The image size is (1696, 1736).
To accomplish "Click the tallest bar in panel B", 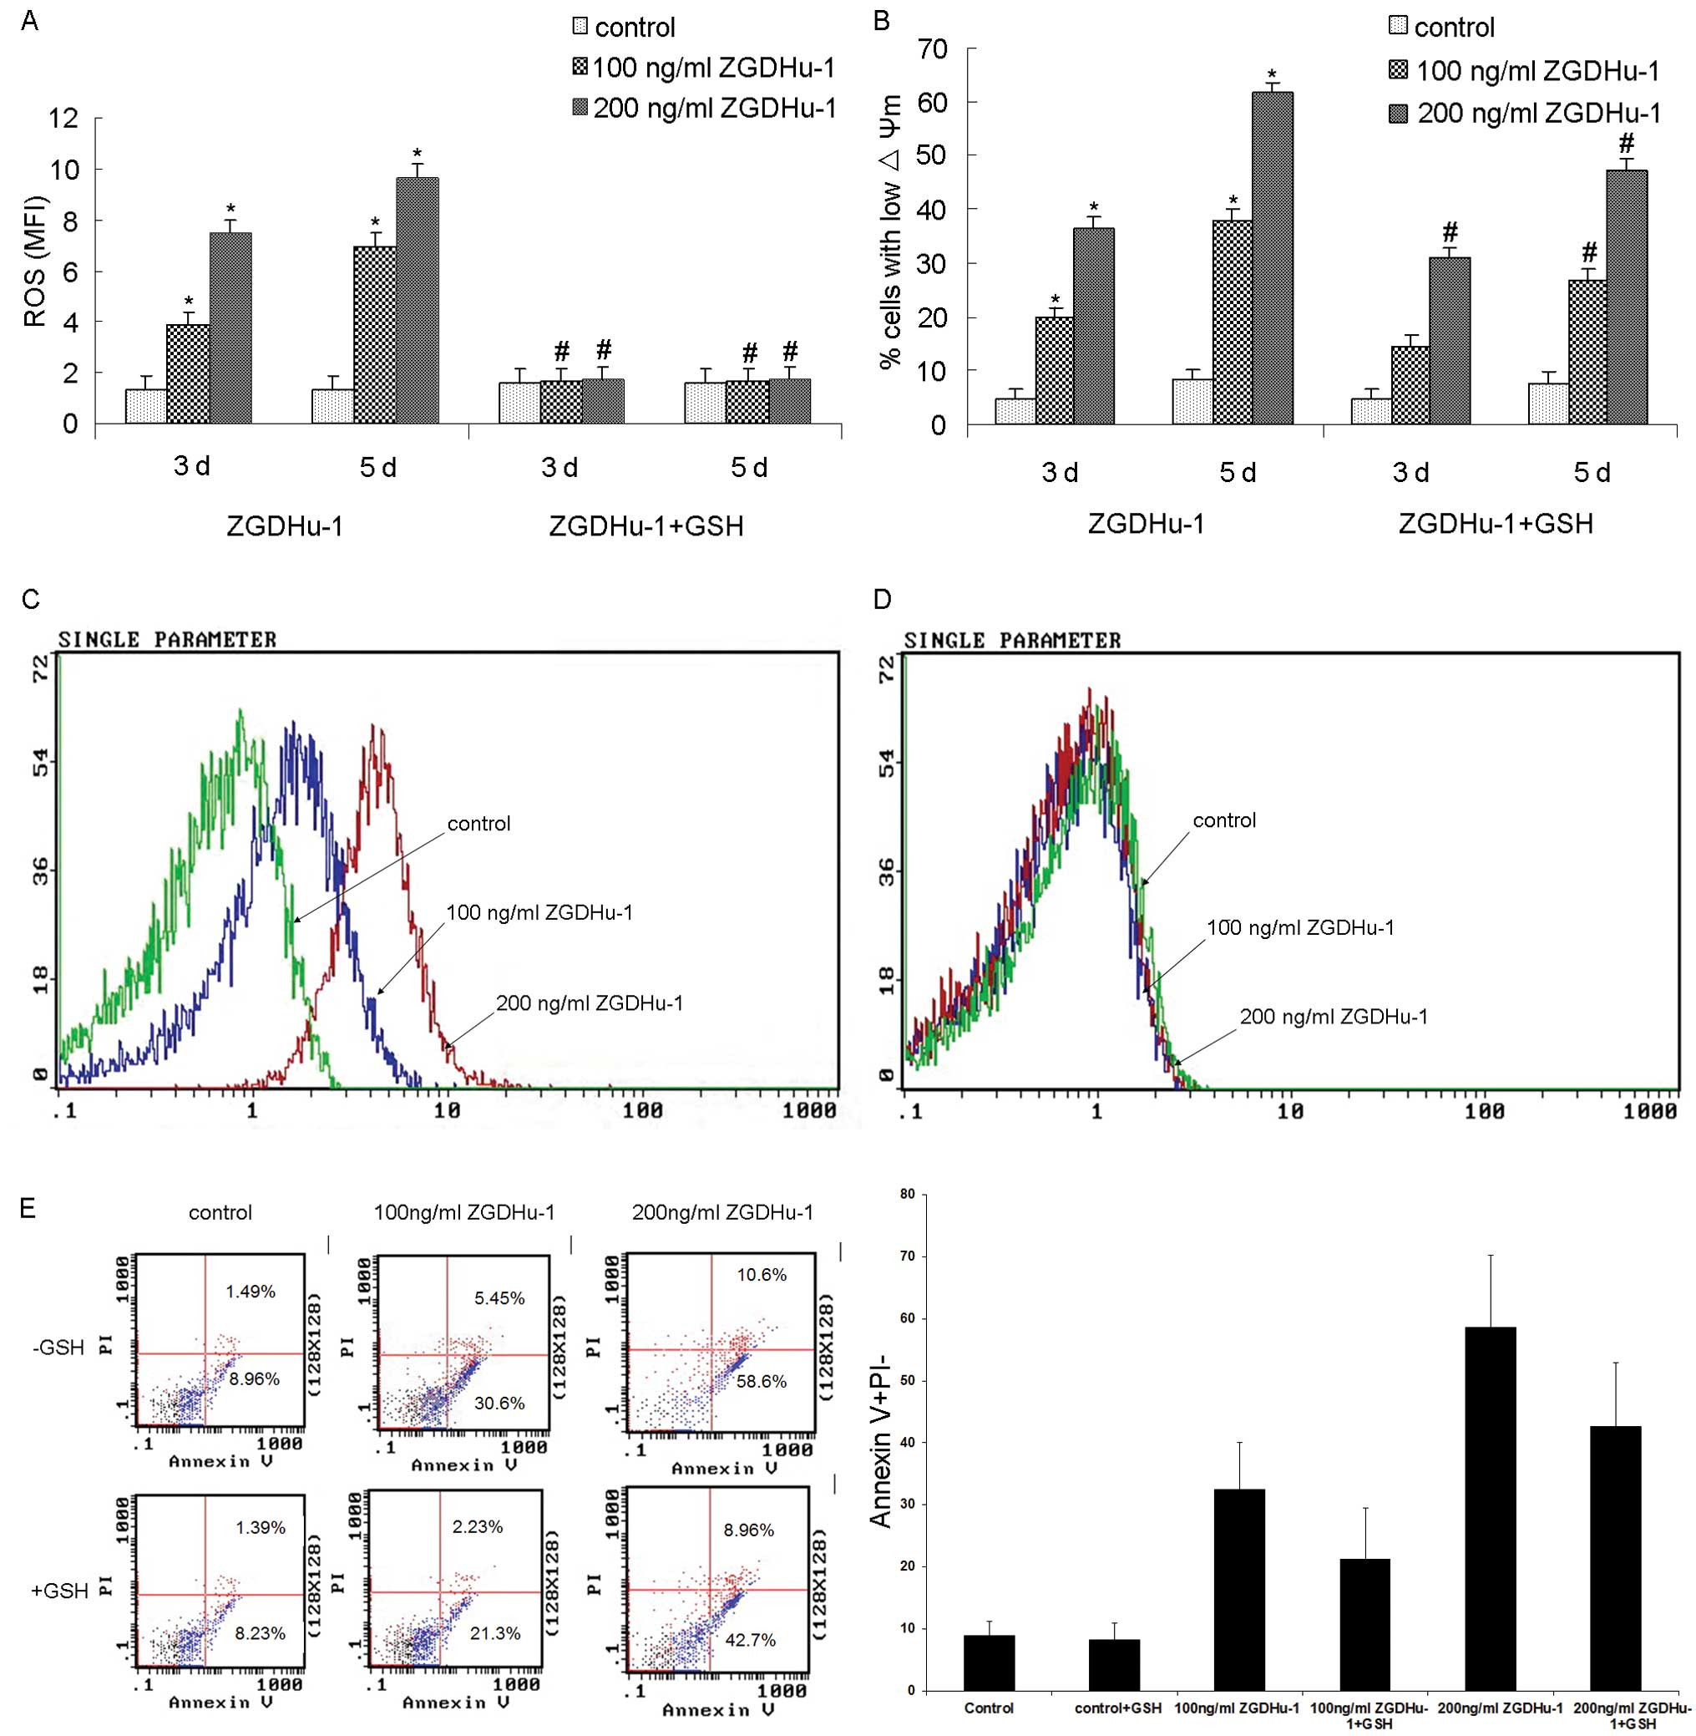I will pyautogui.click(x=1272, y=258).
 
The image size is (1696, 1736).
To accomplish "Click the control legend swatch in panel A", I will pyautogui.click(x=580, y=27).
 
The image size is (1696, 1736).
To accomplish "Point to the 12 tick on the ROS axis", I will pyautogui.click(x=64, y=119).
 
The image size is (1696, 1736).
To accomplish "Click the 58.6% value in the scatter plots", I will pyautogui.click(x=762, y=1381).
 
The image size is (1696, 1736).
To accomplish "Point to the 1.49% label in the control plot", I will pyautogui.click(x=251, y=1292).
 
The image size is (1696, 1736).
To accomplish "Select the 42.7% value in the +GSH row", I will pyautogui.click(x=750, y=1640).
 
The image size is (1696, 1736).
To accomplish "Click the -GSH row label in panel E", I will pyautogui.click(x=57, y=1348).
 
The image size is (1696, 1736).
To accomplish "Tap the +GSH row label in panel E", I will pyautogui.click(x=58, y=1590).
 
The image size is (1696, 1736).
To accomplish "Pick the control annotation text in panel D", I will pyautogui.click(x=1224, y=820).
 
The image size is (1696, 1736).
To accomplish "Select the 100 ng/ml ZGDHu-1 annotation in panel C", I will pyautogui.click(x=539, y=911).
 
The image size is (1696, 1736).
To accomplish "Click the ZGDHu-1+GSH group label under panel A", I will pyautogui.click(x=645, y=525).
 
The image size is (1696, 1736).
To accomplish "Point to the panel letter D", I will pyautogui.click(x=883, y=599).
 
